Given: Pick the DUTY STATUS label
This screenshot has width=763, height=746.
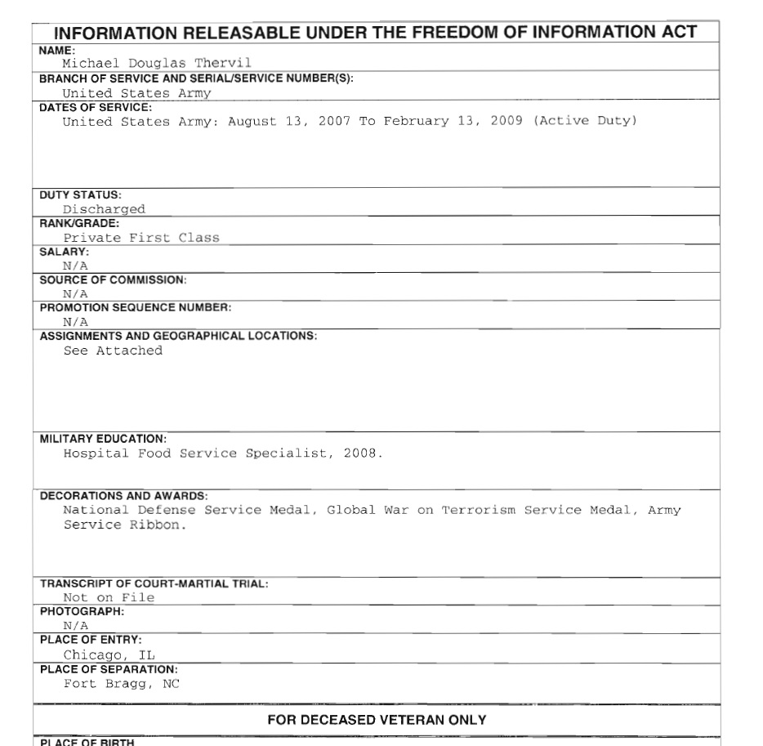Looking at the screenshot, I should [80, 194].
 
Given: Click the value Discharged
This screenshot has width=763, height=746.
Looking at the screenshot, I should [104, 209].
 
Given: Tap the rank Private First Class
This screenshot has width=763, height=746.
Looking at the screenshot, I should [141, 238].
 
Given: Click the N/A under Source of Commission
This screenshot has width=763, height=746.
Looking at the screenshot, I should [75, 294].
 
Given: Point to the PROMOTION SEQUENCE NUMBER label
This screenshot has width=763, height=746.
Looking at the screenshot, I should [136, 308].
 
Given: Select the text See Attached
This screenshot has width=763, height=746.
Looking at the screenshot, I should [113, 351].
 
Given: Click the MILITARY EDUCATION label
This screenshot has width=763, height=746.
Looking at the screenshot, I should [103, 439].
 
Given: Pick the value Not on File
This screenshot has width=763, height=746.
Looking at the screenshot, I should [109, 597].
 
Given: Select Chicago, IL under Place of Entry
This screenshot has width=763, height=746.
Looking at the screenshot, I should [109, 654].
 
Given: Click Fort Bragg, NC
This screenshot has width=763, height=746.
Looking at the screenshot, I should [121, 683].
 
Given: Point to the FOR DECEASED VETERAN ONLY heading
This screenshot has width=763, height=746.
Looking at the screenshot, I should [377, 720].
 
